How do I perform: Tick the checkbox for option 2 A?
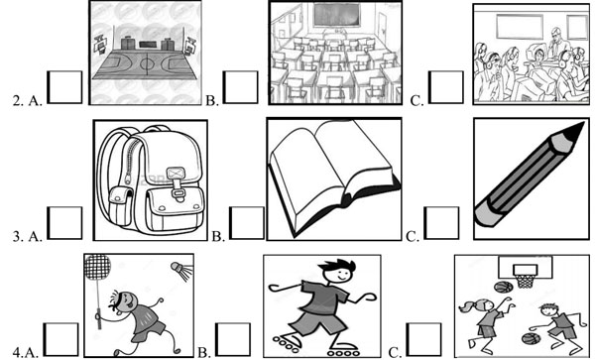click(x=64, y=87)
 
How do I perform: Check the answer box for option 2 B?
click(x=241, y=87)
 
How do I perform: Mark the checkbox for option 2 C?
click(x=446, y=87)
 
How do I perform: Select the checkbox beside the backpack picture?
click(x=64, y=223)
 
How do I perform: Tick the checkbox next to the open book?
click(x=247, y=223)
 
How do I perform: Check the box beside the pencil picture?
click(x=441, y=223)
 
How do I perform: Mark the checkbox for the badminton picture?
click(x=61, y=339)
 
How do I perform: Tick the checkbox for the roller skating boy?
click(x=233, y=339)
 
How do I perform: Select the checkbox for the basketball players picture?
click(x=424, y=339)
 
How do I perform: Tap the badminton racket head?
click(x=97, y=268)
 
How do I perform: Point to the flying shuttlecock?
click(x=181, y=270)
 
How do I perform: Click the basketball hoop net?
click(x=526, y=282)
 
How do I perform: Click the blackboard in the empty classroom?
click(x=336, y=16)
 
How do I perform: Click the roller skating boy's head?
click(x=338, y=271)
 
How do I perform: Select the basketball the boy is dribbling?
click(x=531, y=338)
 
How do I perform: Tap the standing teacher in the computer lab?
click(x=556, y=43)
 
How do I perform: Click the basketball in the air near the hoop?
click(x=503, y=287)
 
